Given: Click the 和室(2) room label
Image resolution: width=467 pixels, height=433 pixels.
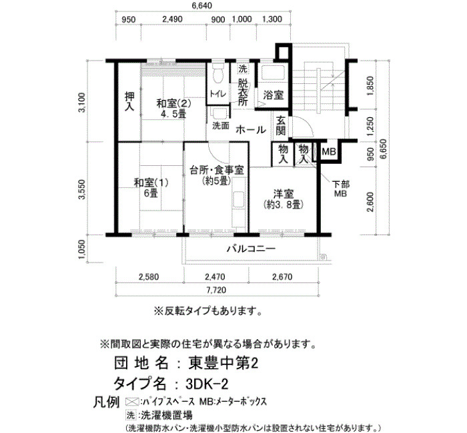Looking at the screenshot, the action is pyautogui.click(x=173, y=104).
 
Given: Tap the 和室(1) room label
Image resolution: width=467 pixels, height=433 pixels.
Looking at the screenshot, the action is pyautogui.click(x=151, y=183).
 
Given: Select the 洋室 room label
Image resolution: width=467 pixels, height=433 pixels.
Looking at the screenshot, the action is pyautogui.click(x=284, y=194).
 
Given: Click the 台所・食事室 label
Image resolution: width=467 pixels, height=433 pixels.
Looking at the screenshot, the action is pyautogui.click(x=217, y=170).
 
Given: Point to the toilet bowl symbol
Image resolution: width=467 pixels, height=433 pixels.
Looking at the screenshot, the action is pyautogui.click(x=219, y=74).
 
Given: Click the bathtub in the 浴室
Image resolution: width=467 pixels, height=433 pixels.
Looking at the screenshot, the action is pyautogui.click(x=273, y=72).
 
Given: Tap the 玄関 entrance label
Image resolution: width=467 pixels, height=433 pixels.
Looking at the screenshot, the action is pyautogui.click(x=281, y=126).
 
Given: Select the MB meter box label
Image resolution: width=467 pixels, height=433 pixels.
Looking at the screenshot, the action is pyautogui.click(x=328, y=152).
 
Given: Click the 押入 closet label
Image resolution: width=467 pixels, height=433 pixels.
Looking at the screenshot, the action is pyautogui.click(x=129, y=101).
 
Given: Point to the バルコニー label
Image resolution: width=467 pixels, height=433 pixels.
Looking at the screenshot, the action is pyautogui.click(x=251, y=248).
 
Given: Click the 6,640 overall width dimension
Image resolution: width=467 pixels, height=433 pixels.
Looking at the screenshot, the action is pyautogui.click(x=201, y=5).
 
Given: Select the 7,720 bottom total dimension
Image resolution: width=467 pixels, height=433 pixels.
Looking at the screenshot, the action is pyautogui.click(x=216, y=290).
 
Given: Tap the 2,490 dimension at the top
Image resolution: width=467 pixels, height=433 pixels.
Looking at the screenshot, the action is pyautogui.click(x=172, y=19).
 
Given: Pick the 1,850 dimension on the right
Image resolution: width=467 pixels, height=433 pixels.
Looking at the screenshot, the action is pyautogui.click(x=370, y=86).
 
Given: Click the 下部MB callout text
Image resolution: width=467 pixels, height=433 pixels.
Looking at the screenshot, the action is pyautogui.click(x=341, y=189).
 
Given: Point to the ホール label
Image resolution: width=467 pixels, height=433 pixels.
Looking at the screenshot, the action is pyautogui.click(x=251, y=130).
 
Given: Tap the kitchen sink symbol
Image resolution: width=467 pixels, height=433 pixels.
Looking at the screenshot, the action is pyautogui.click(x=239, y=200).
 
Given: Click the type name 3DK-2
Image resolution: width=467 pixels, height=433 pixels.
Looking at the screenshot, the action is pyautogui.click(x=207, y=384).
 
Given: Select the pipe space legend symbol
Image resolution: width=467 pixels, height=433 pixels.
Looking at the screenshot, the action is pyautogui.click(x=132, y=402).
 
